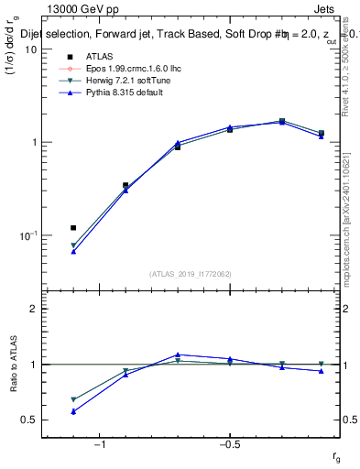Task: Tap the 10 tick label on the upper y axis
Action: click(x=29, y=49)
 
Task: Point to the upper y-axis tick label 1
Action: click(x=32, y=142)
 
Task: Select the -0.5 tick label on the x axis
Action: click(x=229, y=444)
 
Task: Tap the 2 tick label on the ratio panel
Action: click(x=32, y=309)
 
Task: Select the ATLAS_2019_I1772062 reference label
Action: click(x=191, y=274)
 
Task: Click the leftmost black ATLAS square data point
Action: click(x=73, y=227)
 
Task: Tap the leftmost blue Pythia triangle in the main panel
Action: click(x=73, y=250)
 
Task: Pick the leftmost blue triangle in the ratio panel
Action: click(x=73, y=411)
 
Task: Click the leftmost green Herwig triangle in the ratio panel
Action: click(x=73, y=399)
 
